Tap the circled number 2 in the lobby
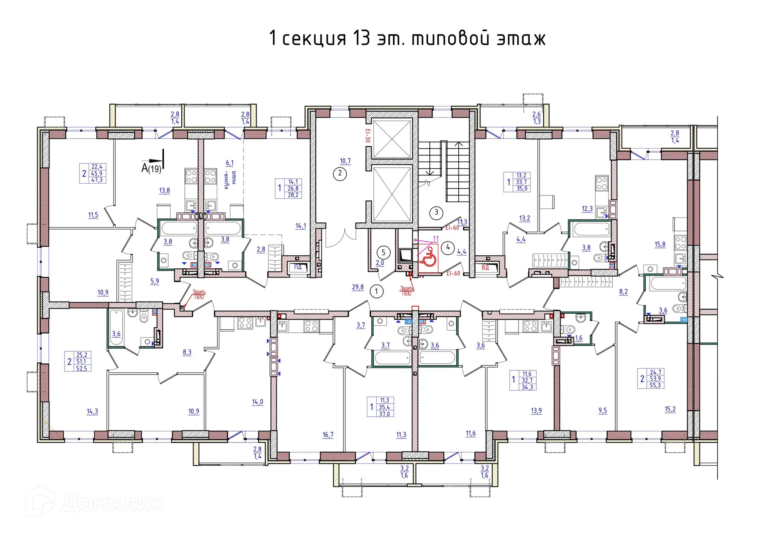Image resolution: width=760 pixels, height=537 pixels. click(340, 173)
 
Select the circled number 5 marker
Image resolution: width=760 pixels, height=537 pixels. click(383, 252)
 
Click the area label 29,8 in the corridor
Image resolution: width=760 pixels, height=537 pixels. click(357, 287)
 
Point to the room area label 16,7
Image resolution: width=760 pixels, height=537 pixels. click(328, 435)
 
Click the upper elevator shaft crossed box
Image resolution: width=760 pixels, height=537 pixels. click(392, 139)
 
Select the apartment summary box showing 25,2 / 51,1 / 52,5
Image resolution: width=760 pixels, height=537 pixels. click(78, 362)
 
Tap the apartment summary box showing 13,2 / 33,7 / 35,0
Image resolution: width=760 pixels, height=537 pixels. click(517, 182)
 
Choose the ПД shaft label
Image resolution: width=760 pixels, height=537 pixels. click(298, 267)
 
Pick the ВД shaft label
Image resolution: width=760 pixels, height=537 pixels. click(485, 268)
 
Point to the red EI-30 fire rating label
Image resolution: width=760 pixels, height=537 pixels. click(368, 136)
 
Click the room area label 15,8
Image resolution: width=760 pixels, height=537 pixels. click(660, 245)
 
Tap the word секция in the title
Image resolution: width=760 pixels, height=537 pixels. click(314, 39)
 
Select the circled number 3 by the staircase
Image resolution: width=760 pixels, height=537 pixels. click(436, 212)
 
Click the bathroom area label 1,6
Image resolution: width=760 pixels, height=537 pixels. click(579, 338)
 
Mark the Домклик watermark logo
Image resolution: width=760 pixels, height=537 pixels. click(95, 503)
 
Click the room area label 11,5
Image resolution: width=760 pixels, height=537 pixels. click(93, 215)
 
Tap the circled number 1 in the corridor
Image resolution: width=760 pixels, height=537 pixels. click(376, 292)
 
